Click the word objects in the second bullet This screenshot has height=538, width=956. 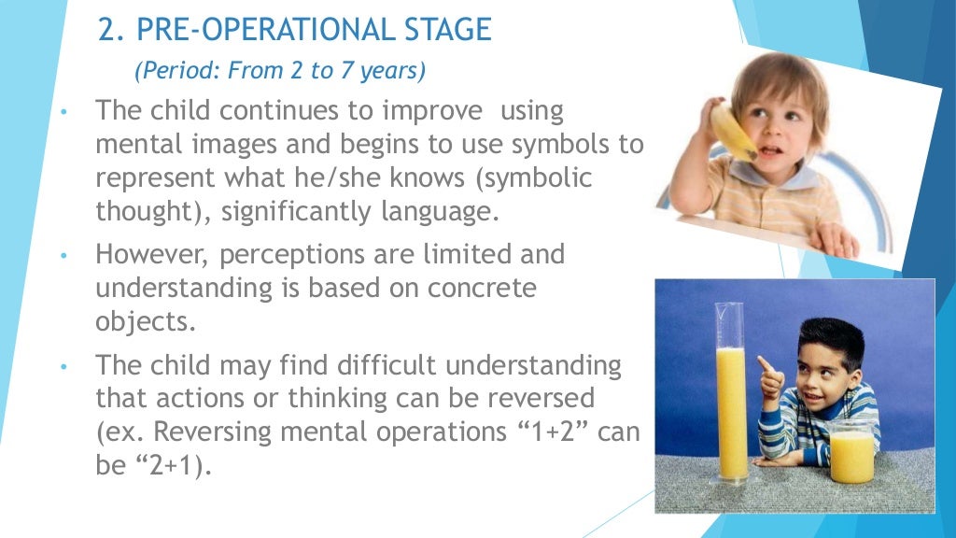click(x=145, y=322)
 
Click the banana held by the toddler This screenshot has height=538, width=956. click(x=731, y=130)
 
